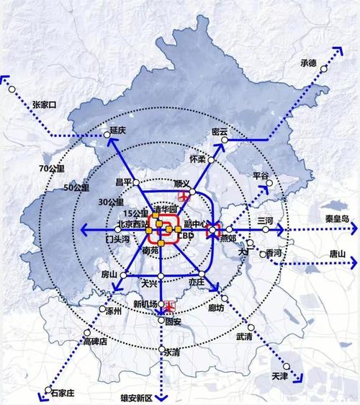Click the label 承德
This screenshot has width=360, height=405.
point(308,63)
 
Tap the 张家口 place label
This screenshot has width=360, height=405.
point(45,104)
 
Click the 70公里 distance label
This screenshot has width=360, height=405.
point(51,168)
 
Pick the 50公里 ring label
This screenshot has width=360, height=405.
point(76,187)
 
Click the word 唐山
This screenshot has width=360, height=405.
point(337,254)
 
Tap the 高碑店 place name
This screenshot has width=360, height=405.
point(94,341)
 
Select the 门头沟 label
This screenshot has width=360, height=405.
point(118,238)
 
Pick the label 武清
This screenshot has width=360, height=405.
point(244,337)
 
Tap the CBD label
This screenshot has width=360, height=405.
point(186,236)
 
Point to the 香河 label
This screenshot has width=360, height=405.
point(274,254)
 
